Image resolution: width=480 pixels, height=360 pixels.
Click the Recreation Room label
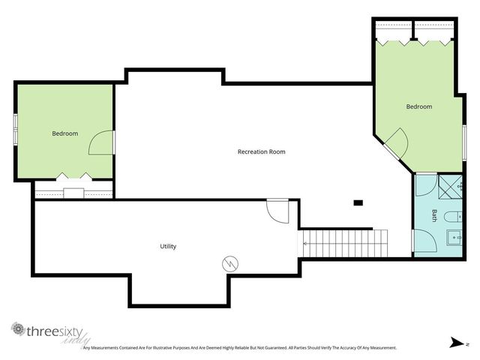pyautogui.click(x=261, y=151)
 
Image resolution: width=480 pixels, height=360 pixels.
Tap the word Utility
pyautogui.click(x=168, y=246)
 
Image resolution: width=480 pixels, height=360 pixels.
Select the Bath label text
pyautogui.click(x=434, y=216)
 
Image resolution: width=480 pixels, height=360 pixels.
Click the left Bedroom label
pyautogui.click(x=64, y=133)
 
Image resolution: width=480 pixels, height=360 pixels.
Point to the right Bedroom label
pyautogui.click(x=419, y=106)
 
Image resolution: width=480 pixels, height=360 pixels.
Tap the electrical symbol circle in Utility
pyautogui.click(x=229, y=263)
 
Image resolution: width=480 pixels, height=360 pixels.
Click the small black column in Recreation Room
pyautogui.click(x=358, y=202)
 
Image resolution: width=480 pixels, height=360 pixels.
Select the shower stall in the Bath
pyautogui.click(x=450, y=184)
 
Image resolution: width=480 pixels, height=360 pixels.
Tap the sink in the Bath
pyautogui.click(x=454, y=239)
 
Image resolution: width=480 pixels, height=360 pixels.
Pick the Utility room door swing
pyautogui.click(x=277, y=211)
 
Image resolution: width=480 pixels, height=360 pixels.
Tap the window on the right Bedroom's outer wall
pyautogui.click(x=464, y=142)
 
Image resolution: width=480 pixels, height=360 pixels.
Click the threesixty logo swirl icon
pyautogui.click(x=17, y=329)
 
